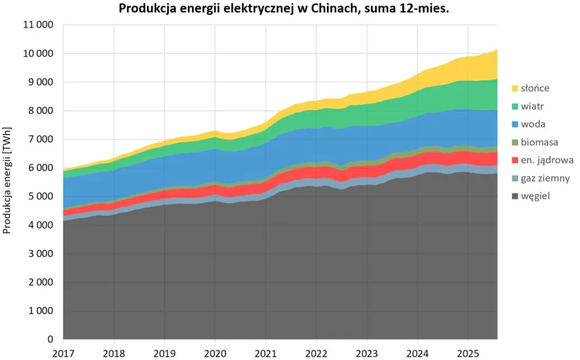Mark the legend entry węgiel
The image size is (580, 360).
pyautogui.click(x=539, y=196)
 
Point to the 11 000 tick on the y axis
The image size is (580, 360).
pyautogui.click(x=37, y=25)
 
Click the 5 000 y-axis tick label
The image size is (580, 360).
pyautogui.click(x=40, y=196)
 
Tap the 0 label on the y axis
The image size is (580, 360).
pyautogui.click(x=50, y=340)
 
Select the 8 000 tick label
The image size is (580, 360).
pyautogui.click(x=40, y=111)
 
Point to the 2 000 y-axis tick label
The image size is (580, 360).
pyautogui.click(x=40, y=282)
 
